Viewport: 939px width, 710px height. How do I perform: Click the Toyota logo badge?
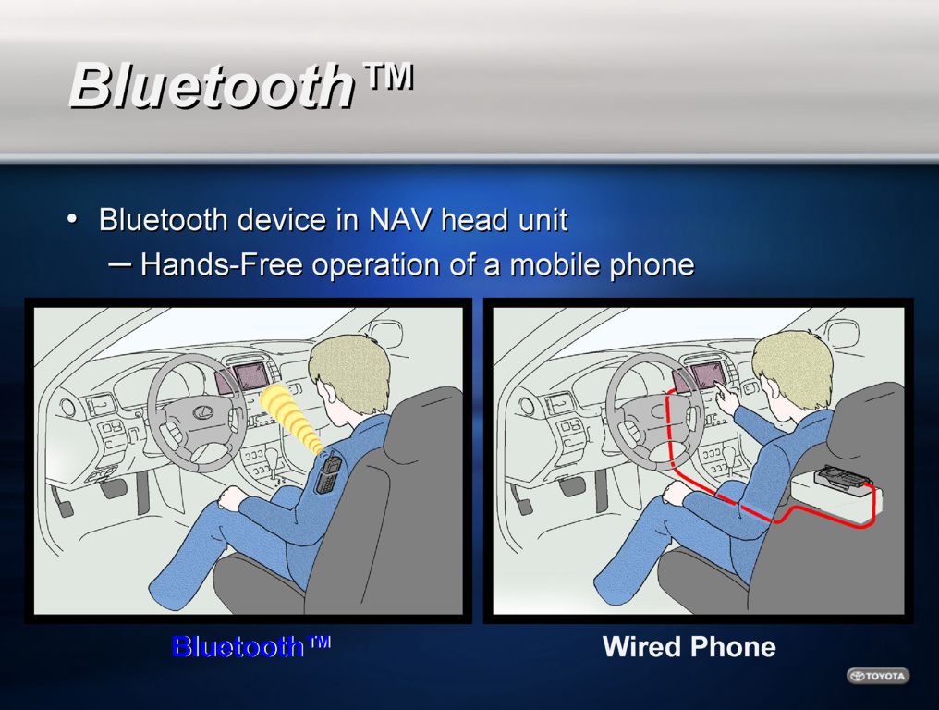coord(878,676)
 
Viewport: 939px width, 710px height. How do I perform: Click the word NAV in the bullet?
coord(399,220)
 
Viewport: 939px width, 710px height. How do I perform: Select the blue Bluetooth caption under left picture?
coord(250,646)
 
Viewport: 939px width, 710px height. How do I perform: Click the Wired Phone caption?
coord(689,646)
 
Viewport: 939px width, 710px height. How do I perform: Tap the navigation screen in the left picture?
coord(250,375)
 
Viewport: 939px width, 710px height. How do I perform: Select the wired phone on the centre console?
coord(841,478)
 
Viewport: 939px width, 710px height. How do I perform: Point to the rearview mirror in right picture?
coord(841,333)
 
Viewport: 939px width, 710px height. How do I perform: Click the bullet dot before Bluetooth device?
coord(72,220)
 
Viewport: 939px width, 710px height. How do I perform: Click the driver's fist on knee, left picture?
coord(234,498)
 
